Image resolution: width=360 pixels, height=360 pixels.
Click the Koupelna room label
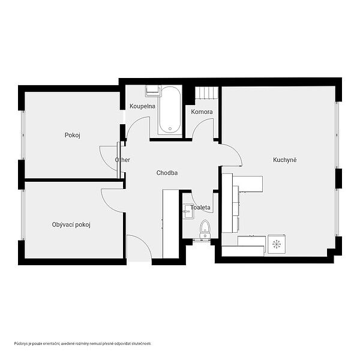tap(142, 106)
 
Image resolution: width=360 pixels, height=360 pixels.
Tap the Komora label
tap(202, 112)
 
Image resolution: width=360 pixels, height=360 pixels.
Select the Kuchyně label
tap(284, 160)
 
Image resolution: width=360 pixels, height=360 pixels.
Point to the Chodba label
tap(167, 173)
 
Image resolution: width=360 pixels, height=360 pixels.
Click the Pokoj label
tap(73, 135)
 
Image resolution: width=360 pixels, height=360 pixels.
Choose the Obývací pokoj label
tap(71, 224)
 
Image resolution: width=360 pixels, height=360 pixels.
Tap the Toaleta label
tap(200, 208)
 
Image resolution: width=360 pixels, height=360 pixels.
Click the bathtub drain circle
tap(170, 129)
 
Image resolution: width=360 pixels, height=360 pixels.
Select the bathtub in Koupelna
tap(170, 110)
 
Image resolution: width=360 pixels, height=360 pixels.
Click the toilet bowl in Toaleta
tap(205, 229)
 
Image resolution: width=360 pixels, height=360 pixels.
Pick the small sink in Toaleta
tap(188, 211)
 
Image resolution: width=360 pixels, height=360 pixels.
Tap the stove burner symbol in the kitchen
tap(277, 244)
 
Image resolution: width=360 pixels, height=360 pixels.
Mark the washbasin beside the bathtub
tap(152, 91)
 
